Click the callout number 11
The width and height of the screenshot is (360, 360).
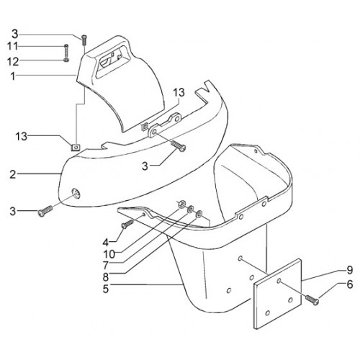[x=12, y=46]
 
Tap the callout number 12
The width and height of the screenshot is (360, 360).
[x=13, y=62]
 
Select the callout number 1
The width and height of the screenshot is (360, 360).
[x=12, y=76]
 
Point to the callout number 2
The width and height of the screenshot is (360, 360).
[x=13, y=174]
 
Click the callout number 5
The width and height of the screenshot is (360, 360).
[x=106, y=289]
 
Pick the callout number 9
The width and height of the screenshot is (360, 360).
[x=349, y=270]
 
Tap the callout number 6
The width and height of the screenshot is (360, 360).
[x=350, y=284]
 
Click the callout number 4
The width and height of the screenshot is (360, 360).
[x=106, y=243]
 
